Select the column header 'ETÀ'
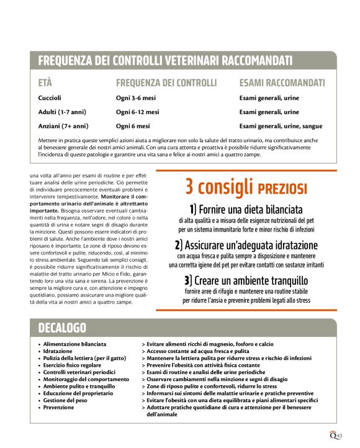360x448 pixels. tap(45, 83)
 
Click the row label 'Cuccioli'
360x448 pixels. tap(50, 98)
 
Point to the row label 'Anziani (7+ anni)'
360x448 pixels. tap(63, 127)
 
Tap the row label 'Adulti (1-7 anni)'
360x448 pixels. tap(62, 112)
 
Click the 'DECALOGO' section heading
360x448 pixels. tap(62, 327)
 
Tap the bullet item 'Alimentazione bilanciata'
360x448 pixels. tap(74, 343)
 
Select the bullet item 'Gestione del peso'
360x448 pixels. tap(66, 400)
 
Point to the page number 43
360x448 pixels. tap(340, 434)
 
